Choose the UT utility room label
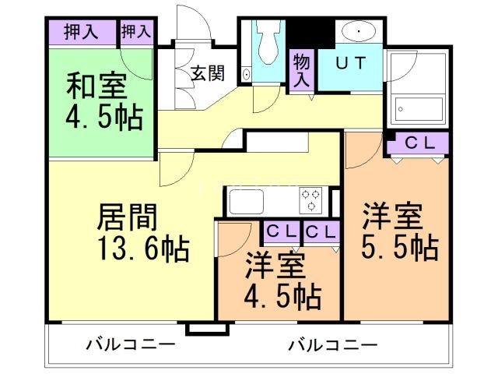(x=350, y=64)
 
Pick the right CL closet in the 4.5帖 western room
(x=320, y=232)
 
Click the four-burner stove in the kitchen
(x=312, y=200)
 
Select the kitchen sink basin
(x=247, y=200)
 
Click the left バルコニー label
(x=120, y=344)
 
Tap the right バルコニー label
(x=331, y=344)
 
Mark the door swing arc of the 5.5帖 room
(x=359, y=153)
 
